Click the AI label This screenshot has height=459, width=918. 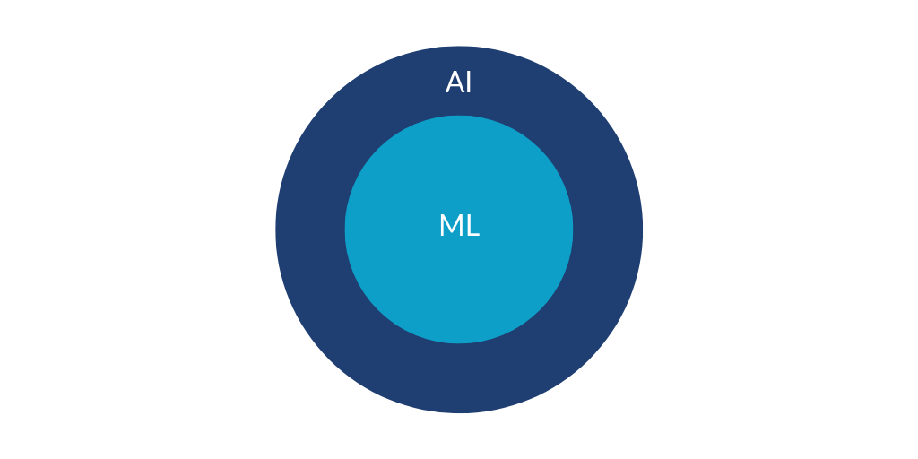tap(458, 82)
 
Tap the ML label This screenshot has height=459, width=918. tap(460, 225)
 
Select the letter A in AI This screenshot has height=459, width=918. tap(455, 82)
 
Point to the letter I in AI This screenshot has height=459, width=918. tap(468, 82)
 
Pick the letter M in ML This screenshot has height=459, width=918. tap(452, 225)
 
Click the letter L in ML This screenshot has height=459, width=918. tap(473, 225)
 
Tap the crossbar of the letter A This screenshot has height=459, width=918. tap(455, 86)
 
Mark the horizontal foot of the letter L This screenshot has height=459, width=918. tap(474, 235)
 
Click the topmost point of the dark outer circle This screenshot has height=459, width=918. tap(459, 46)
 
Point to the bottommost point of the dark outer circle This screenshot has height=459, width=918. tap(459, 412)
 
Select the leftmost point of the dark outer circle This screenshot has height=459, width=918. tap(276, 229)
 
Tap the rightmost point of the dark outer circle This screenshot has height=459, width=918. tap(642, 229)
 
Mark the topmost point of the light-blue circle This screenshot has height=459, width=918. tap(459, 116)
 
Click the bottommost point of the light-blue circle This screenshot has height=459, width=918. tap(459, 343)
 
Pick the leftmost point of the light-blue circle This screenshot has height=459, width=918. tap(345, 229)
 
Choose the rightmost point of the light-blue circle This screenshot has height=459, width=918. tap(573, 229)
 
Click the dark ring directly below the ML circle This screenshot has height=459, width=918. tap(459, 378)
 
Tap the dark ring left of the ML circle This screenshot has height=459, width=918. tap(310, 229)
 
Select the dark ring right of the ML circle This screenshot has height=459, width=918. tap(608, 229)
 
